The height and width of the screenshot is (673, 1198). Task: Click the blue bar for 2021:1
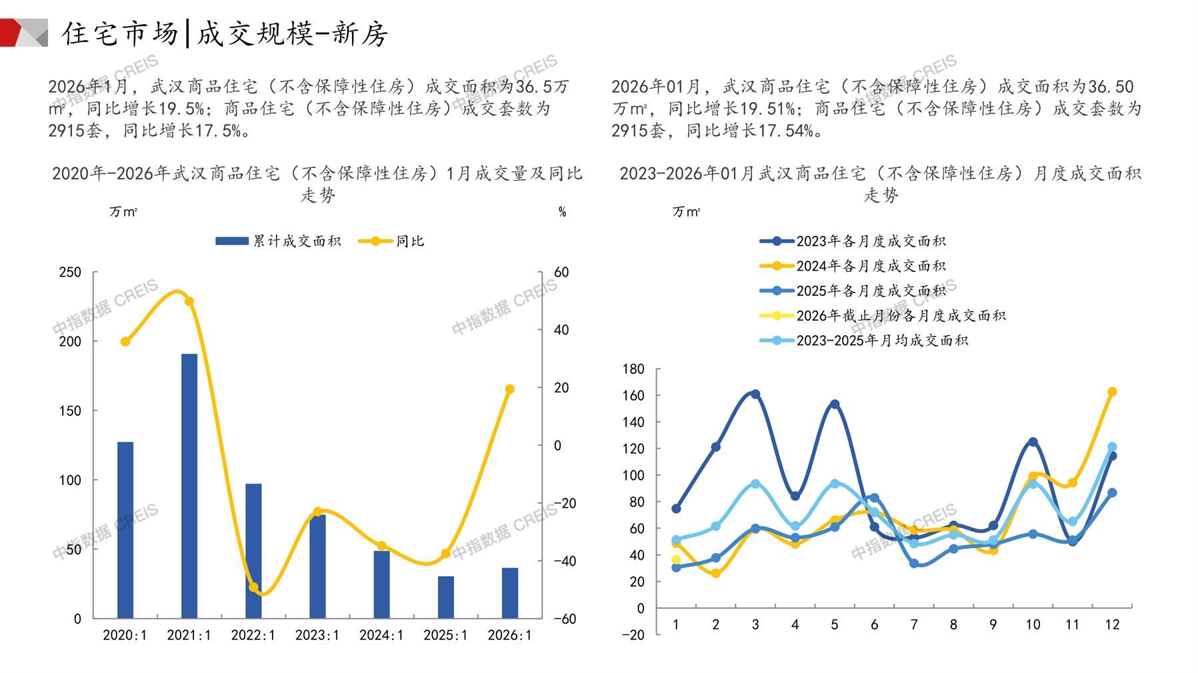pyautogui.click(x=189, y=486)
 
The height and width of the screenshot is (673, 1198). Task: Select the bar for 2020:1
pyautogui.click(x=125, y=530)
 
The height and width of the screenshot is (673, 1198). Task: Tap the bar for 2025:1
pyautogui.click(x=445, y=597)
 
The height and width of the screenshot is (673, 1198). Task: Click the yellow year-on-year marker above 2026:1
pyautogui.click(x=510, y=389)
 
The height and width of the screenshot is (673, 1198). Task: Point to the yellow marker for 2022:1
pyautogui.click(x=253, y=588)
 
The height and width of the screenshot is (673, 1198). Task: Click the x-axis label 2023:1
pyautogui.click(x=317, y=635)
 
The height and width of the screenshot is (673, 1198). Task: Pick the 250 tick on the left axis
pyautogui.click(x=70, y=273)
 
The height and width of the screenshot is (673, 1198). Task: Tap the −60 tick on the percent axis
pyautogui.click(x=565, y=619)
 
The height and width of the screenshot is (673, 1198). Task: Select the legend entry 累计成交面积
pyautogui.click(x=278, y=241)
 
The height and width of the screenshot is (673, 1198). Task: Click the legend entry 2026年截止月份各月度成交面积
pyautogui.click(x=883, y=316)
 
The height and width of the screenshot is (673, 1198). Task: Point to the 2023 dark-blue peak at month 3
pyautogui.click(x=755, y=394)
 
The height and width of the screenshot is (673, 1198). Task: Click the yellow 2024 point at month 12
pyautogui.click(x=1112, y=392)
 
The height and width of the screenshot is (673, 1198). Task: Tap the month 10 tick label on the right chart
pyautogui.click(x=1033, y=625)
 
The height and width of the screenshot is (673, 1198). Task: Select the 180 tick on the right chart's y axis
pyautogui.click(x=633, y=369)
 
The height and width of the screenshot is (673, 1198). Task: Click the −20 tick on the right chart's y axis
pyautogui.click(x=633, y=635)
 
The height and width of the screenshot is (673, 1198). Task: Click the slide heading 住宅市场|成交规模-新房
pyautogui.click(x=225, y=33)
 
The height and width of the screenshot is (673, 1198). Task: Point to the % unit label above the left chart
pyautogui.click(x=562, y=212)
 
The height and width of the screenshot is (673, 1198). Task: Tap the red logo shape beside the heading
pyautogui.click(x=15, y=33)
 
